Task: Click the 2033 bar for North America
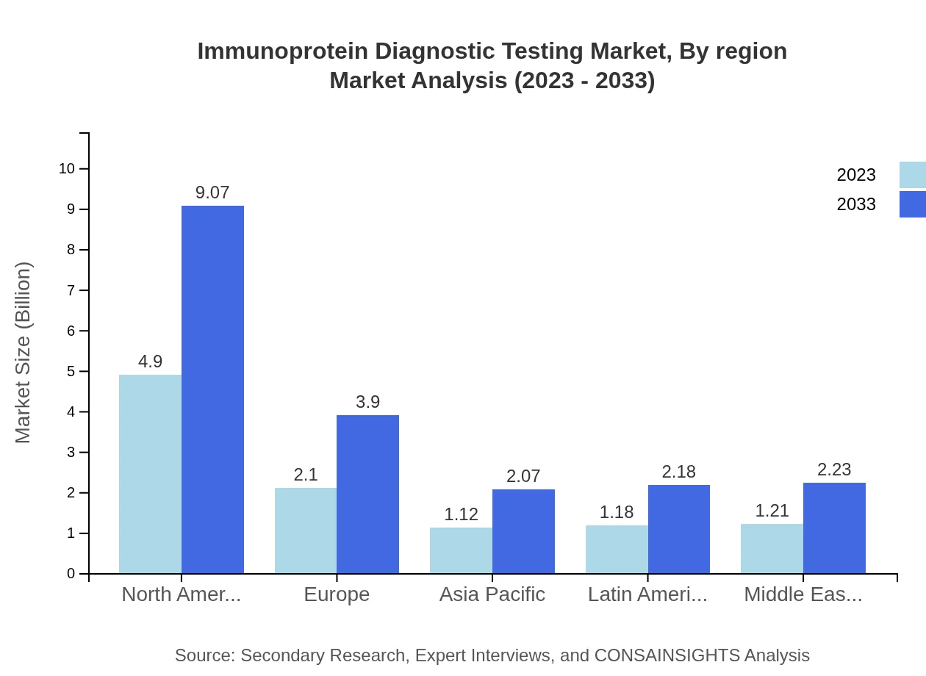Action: (212, 389)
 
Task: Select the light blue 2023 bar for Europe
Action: (306, 530)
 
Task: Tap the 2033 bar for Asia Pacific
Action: (523, 531)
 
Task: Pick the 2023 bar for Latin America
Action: (617, 549)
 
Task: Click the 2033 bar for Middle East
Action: (834, 528)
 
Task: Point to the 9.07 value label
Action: (212, 193)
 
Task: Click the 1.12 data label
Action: (461, 514)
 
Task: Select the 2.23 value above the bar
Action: (834, 470)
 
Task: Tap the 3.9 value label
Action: (367, 402)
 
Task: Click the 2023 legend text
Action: (856, 175)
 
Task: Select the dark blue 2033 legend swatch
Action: (912, 204)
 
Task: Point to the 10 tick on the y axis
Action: (67, 169)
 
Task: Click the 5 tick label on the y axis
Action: (71, 372)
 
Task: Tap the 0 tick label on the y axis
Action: (71, 574)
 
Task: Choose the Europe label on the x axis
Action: (337, 594)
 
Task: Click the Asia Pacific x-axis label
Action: (492, 594)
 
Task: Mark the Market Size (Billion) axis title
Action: (24, 353)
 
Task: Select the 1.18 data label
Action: (617, 512)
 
